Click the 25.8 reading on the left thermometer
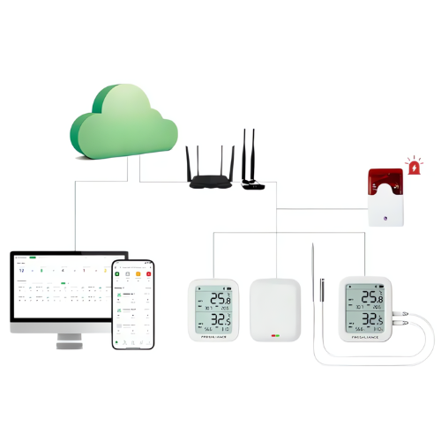pos(220,300)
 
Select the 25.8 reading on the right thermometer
pos(371,297)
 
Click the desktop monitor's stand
pos(68,342)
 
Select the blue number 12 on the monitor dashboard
pos(22,271)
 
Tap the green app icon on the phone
pos(118,274)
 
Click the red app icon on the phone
pos(149,274)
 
